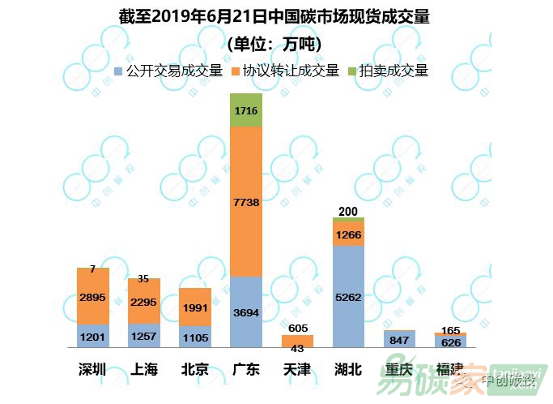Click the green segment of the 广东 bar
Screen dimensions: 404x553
pyautogui.click(x=245, y=110)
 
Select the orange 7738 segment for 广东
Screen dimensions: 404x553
pyautogui.click(x=245, y=201)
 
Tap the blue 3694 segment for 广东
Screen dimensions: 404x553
pyautogui.click(x=245, y=312)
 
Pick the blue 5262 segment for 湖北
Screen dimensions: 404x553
pyautogui.click(x=347, y=296)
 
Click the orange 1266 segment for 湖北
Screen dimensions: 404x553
pyautogui.click(x=347, y=234)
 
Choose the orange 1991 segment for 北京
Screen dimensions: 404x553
pyautogui.click(x=194, y=307)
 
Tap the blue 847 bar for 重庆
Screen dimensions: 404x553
pyautogui.click(x=398, y=340)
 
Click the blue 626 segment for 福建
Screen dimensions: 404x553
pyautogui.click(x=449, y=342)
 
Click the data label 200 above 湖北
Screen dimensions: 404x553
pyautogui.click(x=347, y=212)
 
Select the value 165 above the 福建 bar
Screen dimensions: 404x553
pyautogui.click(x=449, y=330)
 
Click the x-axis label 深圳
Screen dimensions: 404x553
pyautogui.click(x=92, y=370)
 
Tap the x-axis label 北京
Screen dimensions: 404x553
pyautogui.click(x=194, y=370)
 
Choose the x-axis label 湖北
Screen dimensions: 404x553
pyautogui.click(x=347, y=370)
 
